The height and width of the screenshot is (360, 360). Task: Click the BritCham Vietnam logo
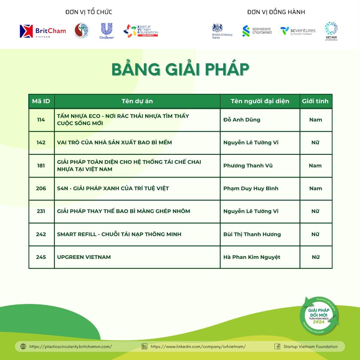[43, 31]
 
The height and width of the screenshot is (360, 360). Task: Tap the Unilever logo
[106, 31]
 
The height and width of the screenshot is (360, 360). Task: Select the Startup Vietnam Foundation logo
[141, 31]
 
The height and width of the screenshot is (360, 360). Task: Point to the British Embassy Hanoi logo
[222, 31]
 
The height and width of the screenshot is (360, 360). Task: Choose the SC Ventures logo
[298, 31]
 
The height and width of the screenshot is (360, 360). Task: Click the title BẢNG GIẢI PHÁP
[180, 70]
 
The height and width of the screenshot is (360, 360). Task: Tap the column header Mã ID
[41, 101]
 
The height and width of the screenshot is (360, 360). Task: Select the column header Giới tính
[315, 101]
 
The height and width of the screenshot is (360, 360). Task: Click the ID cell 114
[41, 120]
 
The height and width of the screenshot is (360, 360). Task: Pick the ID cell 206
[41, 188]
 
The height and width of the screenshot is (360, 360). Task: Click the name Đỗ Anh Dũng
[242, 120]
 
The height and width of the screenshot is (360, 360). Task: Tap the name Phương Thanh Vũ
[248, 166]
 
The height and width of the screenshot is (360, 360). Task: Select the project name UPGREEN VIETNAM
[84, 257]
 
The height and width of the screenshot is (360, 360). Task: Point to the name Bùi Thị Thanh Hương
[252, 234]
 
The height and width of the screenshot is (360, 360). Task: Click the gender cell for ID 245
[316, 257]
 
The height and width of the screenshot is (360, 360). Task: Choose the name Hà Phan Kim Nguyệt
[252, 257]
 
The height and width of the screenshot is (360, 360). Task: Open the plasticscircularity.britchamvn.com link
[70, 346]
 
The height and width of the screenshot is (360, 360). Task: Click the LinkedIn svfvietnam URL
[198, 346]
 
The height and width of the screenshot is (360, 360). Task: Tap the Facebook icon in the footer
[277, 346]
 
